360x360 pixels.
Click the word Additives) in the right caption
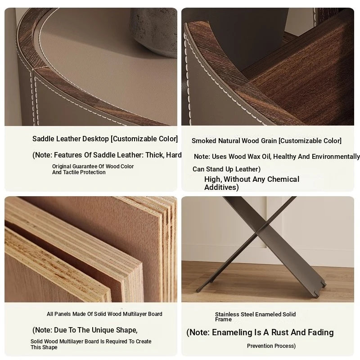tap(221, 187)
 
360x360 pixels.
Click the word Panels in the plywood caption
tap(62, 314)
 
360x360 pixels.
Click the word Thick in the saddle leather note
tap(154, 155)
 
